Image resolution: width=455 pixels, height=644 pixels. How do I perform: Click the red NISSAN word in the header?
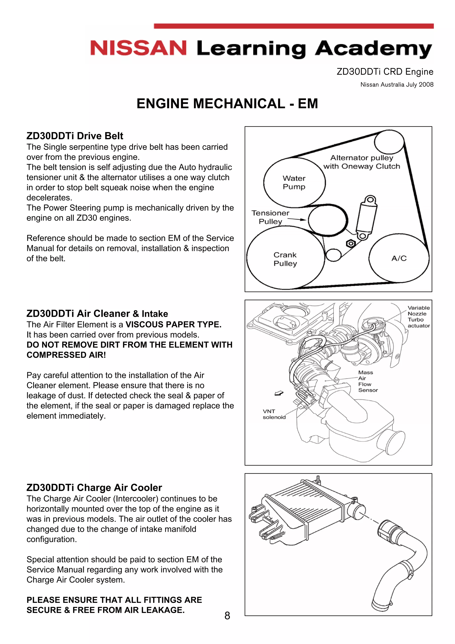[x=138, y=48]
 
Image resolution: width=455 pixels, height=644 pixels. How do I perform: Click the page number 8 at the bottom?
[x=227, y=616]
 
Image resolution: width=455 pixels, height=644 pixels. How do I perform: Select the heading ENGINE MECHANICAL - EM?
[x=227, y=104]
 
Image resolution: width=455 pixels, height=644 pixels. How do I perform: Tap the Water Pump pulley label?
[x=294, y=182]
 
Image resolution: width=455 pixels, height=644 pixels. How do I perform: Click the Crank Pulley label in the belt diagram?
[x=285, y=259]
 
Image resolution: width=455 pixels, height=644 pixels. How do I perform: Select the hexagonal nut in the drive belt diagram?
[x=350, y=243]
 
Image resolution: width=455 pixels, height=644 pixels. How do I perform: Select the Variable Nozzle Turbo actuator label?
[x=418, y=317]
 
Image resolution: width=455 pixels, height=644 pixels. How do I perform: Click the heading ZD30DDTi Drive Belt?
[x=75, y=136]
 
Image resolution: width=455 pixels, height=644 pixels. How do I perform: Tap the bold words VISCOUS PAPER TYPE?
[x=173, y=325]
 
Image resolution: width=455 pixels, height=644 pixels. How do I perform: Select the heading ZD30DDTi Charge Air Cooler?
[x=94, y=488]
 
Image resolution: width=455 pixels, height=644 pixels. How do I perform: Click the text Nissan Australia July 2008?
[x=397, y=84]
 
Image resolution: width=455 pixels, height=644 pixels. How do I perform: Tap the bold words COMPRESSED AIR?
[x=66, y=355]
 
